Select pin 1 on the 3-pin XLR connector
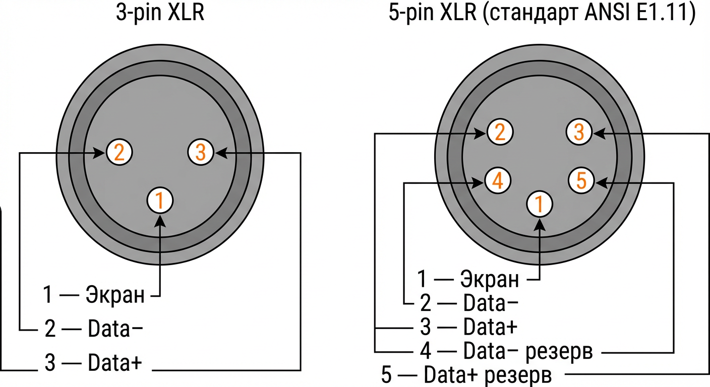pyautogui.click(x=160, y=201)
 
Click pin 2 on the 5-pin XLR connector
pyautogui.click(x=500, y=133)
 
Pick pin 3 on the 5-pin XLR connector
pyautogui.click(x=579, y=133)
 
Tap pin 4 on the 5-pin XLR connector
pyautogui.click(x=497, y=181)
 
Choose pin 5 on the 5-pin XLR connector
pyautogui.click(x=581, y=181)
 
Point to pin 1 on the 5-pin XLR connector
pyautogui.click(x=539, y=204)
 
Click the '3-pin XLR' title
pyautogui.click(x=160, y=13)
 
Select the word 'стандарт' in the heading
pyautogui.click(x=524, y=14)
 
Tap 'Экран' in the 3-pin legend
pyautogui.click(x=115, y=295)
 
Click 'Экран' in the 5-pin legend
pyautogui.click(x=490, y=278)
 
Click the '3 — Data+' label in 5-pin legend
pyautogui.click(x=468, y=328)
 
